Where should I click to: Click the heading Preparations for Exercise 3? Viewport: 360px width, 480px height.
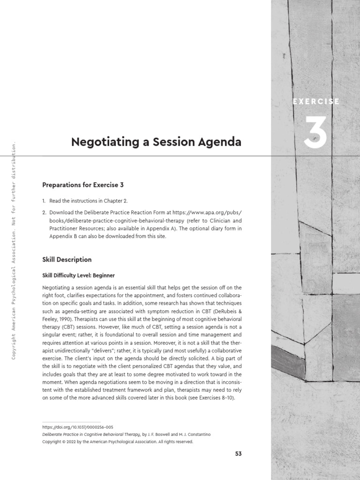(x=82, y=185)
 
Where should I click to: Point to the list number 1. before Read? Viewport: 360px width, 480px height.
(x=44, y=201)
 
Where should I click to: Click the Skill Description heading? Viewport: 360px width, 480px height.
(x=67, y=259)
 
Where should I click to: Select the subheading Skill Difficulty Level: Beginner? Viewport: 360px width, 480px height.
(x=78, y=275)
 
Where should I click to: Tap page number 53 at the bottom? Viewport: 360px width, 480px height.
(x=237, y=454)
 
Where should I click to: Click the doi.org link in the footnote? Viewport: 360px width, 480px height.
(x=77, y=427)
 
